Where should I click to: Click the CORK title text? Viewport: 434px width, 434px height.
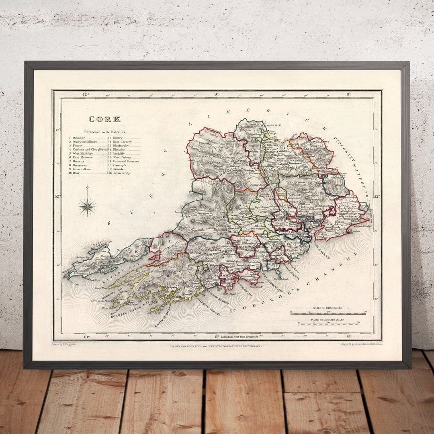(x=104, y=119)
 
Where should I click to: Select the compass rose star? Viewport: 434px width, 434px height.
(x=87, y=207)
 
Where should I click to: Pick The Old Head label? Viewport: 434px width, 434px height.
(x=281, y=278)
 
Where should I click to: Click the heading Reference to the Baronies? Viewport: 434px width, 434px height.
(x=104, y=132)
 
